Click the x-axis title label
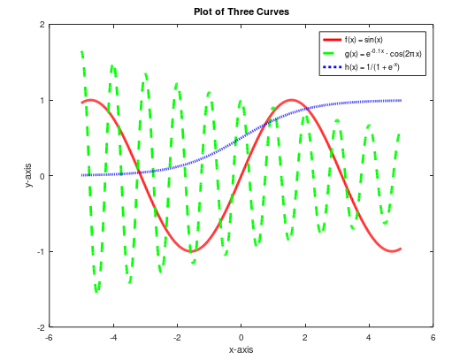tap(241, 350)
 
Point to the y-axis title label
tap(29, 176)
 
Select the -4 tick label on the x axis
tap(112, 337)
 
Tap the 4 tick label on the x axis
tap(369, 337)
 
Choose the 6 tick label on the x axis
tap(433, 337)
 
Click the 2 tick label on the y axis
tap(42, 25)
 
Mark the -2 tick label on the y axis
tap(40, 327)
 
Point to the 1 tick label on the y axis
tap(42, 100)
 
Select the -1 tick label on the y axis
tap(40, 251)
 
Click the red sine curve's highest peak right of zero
tap(291, 100)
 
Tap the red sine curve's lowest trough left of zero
tap(191, 251)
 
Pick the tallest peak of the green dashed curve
tap(81, 51)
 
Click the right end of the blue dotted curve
tap(401, 101)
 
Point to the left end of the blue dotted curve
tap(81, 175)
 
